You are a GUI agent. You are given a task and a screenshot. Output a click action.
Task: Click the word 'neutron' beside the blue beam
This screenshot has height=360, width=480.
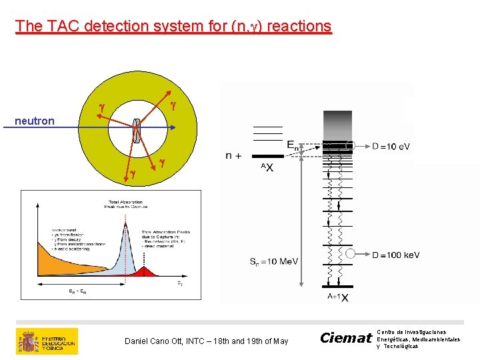[35, 121]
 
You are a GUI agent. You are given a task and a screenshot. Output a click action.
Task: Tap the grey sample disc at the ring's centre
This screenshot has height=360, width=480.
[136, 131]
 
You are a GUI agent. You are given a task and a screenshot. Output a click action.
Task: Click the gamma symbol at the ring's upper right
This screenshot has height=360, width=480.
[173, 105]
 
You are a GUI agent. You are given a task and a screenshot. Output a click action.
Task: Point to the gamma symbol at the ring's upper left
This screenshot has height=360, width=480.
[101, 107]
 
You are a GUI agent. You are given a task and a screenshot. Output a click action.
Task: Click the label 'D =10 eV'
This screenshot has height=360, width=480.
[391, 146]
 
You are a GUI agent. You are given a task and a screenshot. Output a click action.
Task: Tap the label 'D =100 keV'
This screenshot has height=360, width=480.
[395, 255]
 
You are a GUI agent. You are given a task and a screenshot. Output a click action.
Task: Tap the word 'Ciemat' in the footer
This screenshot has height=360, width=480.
[345, 338]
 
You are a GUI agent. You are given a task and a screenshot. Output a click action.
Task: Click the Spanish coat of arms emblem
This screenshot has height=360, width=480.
[29, 341]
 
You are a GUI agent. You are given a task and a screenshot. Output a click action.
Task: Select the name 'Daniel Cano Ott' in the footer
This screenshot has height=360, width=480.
[155, 341]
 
